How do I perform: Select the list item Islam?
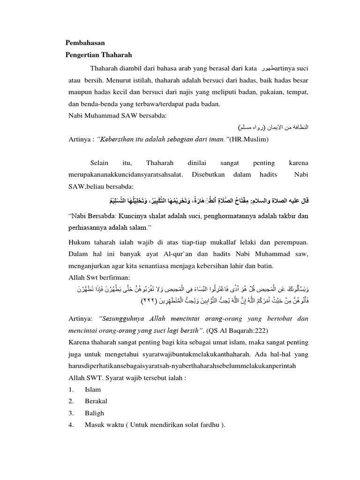(92, 390)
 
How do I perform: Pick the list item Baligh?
(94, 413)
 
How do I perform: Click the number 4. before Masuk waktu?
(70, 425)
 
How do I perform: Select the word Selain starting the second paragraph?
(99, 163)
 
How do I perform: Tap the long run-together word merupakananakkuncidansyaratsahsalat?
(123, 175)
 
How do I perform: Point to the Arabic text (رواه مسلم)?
(252, 127)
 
